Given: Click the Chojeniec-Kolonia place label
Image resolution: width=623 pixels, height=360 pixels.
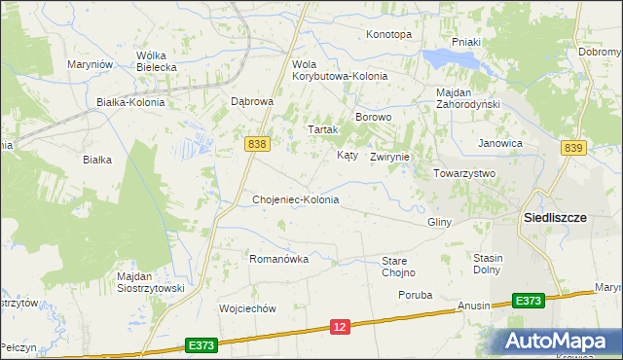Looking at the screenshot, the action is (x=296, y=199).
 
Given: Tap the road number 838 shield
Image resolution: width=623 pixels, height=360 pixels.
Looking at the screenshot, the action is (x=257, y=144).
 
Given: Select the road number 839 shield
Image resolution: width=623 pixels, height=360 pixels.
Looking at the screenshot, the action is (x=573, y=147).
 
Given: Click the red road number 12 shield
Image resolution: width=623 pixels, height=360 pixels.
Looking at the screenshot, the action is (x=339, y=329).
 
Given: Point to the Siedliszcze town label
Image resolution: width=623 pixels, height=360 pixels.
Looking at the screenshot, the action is (x=555, y=218).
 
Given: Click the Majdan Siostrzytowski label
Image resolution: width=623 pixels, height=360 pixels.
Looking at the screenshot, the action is (x=150, y=282).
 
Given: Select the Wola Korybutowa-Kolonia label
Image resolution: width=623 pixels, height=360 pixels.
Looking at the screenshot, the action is (x=340, y=70).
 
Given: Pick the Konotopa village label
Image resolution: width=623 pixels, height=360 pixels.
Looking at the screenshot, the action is (x=388, y=34).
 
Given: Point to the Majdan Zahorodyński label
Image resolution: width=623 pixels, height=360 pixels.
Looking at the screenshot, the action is (x=467, y=99).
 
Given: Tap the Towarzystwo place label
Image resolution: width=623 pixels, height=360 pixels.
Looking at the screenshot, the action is (x=464, y=173).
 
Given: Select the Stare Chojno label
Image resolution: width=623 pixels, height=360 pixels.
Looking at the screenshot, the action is (x=398, y=267).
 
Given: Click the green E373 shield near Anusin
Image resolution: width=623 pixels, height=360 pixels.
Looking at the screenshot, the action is (x=528, y=303).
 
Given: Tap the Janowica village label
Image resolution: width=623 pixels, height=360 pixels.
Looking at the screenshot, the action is (x=500, y=143).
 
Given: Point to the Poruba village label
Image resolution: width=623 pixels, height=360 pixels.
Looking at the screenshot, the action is (x=415, y=294).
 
